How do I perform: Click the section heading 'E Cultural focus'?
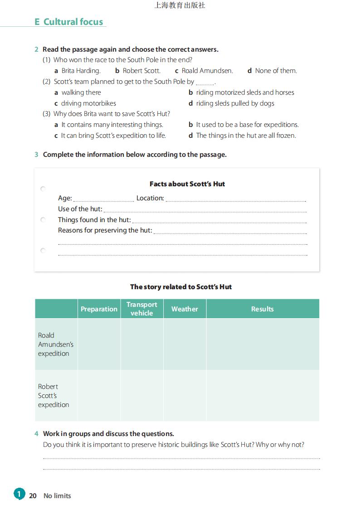click(69, 22)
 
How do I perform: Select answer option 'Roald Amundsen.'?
click(207, 71)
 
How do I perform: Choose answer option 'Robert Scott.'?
click(141, 71)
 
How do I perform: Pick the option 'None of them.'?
click(276, 71)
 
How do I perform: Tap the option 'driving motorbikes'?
click(88, 103)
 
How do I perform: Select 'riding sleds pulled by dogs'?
click(235, 103)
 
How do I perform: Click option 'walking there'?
click(81, 92)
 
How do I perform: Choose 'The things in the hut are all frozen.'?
click(246, 136)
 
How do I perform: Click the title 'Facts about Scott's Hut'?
click(187, 184)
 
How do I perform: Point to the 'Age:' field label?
click(65, 198)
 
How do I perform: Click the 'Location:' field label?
click(150, 198)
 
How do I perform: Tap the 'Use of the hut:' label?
click(80, 209)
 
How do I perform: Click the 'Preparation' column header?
click(99, 309)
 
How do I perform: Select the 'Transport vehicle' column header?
click(142, 309)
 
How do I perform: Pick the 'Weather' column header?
click(185, 309)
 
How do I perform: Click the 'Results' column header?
click(263, 309)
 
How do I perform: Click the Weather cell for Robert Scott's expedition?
click(185, 396)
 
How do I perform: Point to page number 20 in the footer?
click(33, 496)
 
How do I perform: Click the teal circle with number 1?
click(19, 494)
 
